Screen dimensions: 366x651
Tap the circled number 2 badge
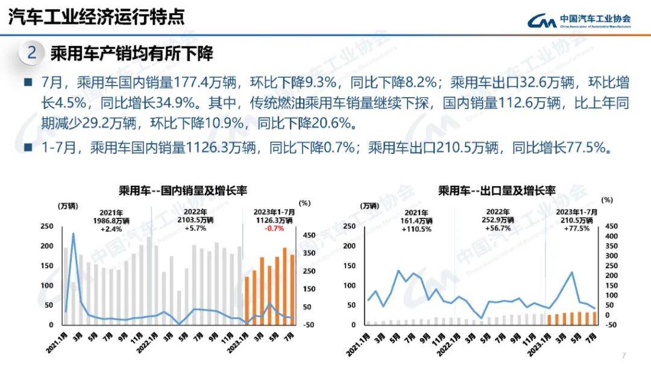(x=31, y=54)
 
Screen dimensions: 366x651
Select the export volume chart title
(x=496, y=191)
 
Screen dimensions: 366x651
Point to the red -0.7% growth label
(x=274, y=229)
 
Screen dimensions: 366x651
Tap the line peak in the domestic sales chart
(x=74, y=233)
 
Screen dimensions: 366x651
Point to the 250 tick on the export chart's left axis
(x=348, y=226)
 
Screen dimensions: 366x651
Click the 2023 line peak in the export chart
(x=571, y=273)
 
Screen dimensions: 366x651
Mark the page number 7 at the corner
(x=624, y=355)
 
